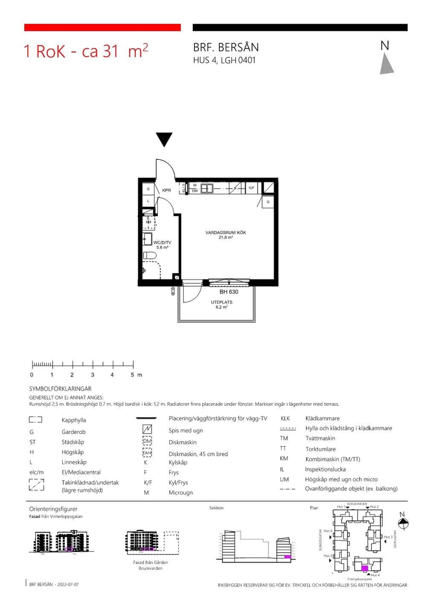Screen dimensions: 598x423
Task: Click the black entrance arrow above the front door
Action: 164,139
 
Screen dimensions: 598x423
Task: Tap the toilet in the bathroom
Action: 150,256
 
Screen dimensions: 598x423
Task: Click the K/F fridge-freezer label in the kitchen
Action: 251,187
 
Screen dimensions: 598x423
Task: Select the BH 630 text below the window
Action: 228,292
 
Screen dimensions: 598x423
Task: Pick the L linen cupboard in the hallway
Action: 148,201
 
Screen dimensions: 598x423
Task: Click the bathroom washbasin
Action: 147,240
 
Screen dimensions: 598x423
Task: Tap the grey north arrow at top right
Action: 386,64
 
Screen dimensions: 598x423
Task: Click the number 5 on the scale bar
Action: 132,375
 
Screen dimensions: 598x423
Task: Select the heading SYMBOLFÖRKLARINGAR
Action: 61,389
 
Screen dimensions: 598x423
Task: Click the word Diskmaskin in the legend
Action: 183,442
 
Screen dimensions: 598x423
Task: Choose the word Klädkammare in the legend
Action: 323,418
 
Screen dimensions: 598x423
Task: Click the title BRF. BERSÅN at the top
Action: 226,48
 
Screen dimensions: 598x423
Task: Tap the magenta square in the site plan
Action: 365,568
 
